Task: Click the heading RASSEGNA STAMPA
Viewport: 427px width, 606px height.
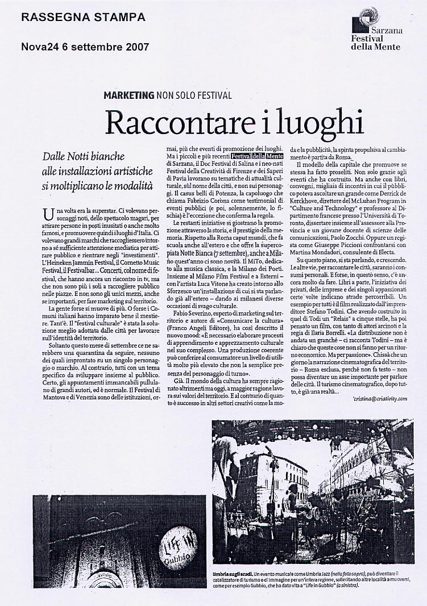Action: (82, 18)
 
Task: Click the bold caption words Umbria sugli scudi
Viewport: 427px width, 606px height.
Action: (233, 575)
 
